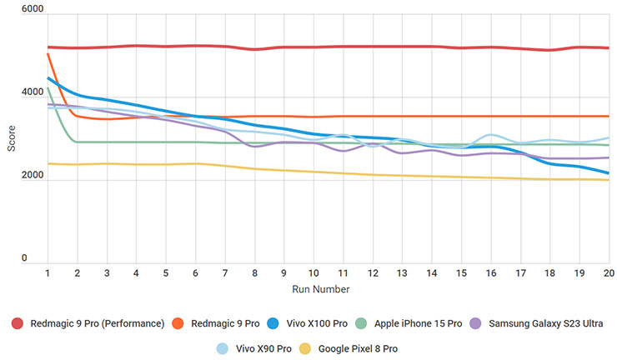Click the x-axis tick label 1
[x=48, y=273]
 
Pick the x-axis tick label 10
[x=314, y=273]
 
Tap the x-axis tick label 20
[x=609, y=273]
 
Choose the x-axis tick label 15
[x=461, y=273]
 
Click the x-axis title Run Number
[x=321, y=289]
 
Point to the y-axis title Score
[x=11, y=138]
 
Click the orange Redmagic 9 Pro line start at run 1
[x=48, y=54]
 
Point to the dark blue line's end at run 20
[x=608, y=173]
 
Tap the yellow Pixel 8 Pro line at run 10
[x=314, y=172]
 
